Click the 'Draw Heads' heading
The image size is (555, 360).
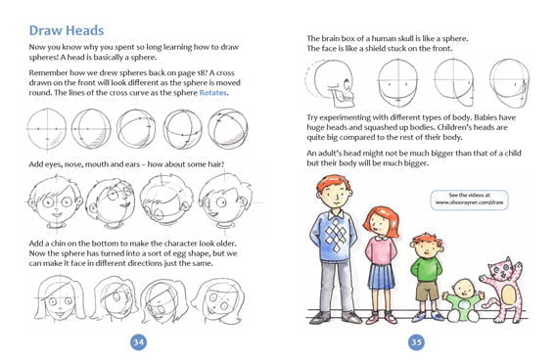(x=67, y=30)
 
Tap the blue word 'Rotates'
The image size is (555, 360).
(x=212, y=93)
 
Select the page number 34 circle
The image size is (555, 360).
(x=138, y=342)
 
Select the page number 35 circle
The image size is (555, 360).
(x=416, y=342)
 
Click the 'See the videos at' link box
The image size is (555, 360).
(x=469, y=200)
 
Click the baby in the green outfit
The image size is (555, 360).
(x=463, y=300)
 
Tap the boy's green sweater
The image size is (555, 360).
(x=427, y=269)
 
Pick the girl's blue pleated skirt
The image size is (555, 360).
(x=381, y=276)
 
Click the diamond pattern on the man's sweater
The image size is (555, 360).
(x=335, y=234)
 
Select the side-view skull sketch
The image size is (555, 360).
(x=332, y=83)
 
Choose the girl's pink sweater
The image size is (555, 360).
(x=381, y=250)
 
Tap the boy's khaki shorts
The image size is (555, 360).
(x=427, y=291)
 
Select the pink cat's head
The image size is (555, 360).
(x=500, y=269)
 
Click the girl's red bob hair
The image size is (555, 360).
(x=382, y=221)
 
